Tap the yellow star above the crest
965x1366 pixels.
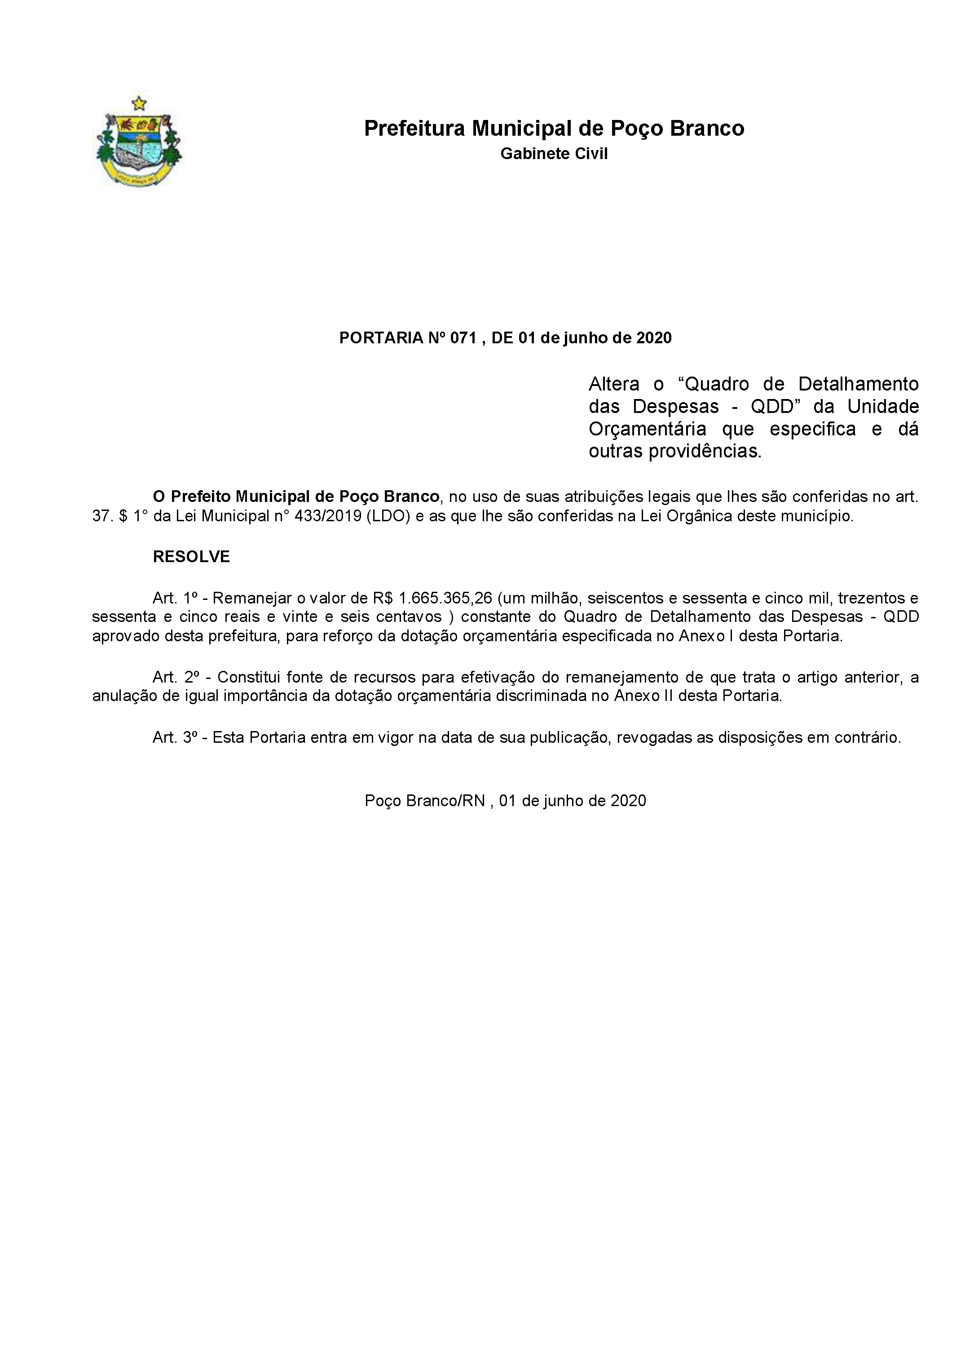[139, 103]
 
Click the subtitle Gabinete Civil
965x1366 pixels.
[554, 154]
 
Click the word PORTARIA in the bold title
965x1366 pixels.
[380, 338]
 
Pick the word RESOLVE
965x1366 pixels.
[191, 556]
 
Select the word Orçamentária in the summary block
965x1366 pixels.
[647, 429]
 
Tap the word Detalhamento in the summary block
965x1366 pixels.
[858, 384]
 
